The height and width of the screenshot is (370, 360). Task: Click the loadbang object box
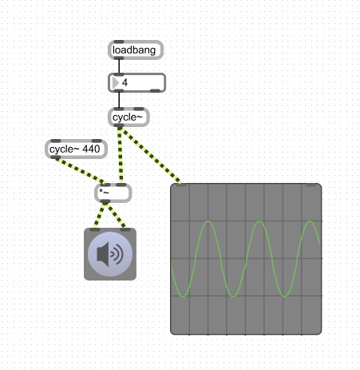click(136, 50)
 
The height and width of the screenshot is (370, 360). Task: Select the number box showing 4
click(136, 83)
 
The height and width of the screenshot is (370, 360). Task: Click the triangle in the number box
click(116, 83)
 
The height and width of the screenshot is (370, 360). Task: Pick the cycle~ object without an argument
click(129, 117)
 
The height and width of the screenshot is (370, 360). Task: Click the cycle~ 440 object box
click(76, 149)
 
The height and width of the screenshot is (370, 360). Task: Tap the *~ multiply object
click(113, 193)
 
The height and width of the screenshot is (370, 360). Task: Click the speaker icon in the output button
click(110, 254)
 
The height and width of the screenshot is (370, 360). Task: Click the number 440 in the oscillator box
click(91, 149)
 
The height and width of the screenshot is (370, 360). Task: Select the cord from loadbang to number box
click(119, 66)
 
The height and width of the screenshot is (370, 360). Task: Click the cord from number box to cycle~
click(119, 100)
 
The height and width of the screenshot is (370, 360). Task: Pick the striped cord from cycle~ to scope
click(150, 155)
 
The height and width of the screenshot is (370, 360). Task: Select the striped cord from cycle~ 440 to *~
click(80, 170)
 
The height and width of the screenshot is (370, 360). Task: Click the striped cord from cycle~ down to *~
click(120, 155)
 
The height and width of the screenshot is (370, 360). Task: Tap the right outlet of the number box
click(155, 91)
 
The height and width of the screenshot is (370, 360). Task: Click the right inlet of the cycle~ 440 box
click(97, 141)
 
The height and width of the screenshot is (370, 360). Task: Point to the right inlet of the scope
click(311, 185)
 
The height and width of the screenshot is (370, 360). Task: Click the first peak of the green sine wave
click(208, 221)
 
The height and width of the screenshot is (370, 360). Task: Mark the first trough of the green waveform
click(183, 296)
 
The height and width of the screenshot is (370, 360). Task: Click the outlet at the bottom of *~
click(105, 201)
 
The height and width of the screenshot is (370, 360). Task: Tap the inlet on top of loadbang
click(119, 42)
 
